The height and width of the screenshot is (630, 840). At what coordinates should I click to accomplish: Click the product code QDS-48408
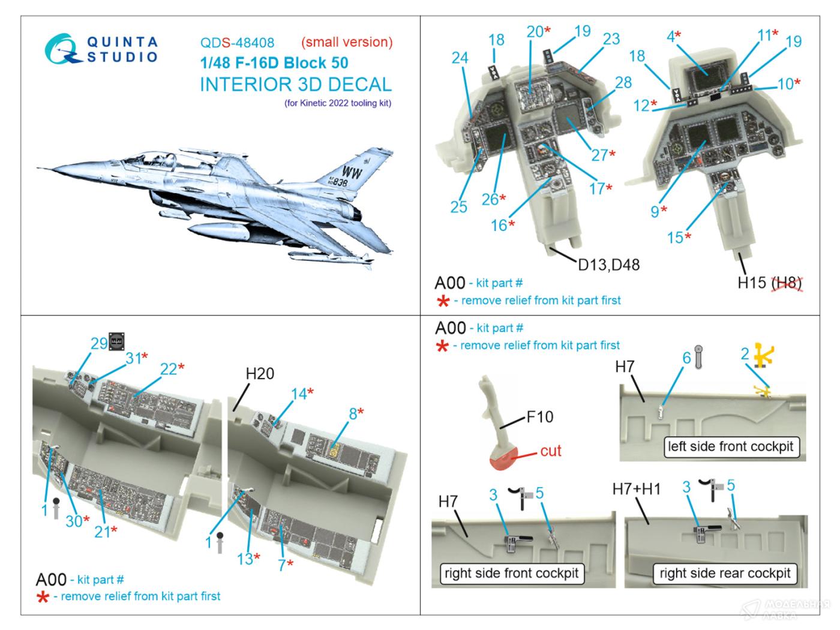click(x=237, y=43)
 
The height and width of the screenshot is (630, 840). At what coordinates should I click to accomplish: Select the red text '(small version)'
click(x=347, y=42)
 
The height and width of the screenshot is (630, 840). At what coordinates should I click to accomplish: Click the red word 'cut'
click(x=550, y=451)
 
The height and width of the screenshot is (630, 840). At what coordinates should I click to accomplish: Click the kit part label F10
click(x=539, y=417)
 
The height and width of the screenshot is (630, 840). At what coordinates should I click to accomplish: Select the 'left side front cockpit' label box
click(x=730, y=446)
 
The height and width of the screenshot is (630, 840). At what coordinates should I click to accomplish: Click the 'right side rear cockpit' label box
click(x=725, y=573)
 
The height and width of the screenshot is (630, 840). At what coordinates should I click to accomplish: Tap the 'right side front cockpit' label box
click(x=512, y=573)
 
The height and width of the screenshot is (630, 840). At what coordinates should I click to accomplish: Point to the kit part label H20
click(x=259, y=374)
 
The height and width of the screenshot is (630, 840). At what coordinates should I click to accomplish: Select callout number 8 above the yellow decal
click(x=353, y=413)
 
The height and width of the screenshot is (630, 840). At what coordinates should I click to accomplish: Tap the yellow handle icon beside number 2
click(x=763, y=355)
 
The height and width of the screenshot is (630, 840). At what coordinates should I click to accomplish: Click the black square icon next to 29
click(x=116, y=341)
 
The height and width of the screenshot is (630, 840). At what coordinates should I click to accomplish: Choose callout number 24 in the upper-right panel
click(x=460, y=58)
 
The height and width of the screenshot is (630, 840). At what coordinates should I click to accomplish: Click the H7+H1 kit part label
click(x=636, y=489)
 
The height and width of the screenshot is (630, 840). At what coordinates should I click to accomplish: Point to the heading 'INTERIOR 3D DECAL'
click(x=295, y=85)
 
